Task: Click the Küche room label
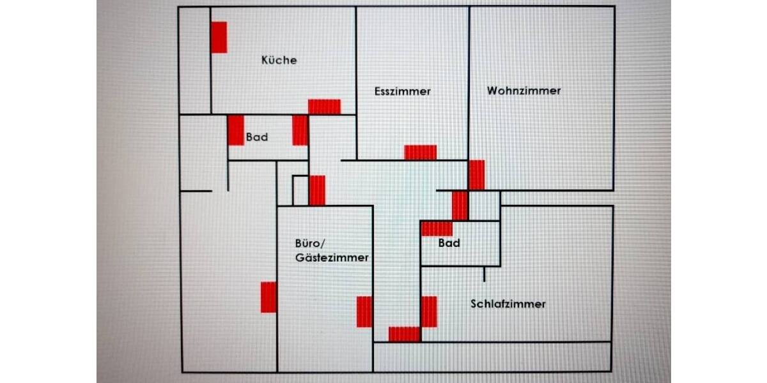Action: [279, 60]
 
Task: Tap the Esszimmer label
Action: [402, 91]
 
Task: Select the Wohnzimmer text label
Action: [523, 91]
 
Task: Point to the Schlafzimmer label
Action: [508, 304]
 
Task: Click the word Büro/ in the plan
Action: [311, 243]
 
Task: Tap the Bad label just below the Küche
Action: [257, 137]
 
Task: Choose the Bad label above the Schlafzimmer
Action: [449, 243]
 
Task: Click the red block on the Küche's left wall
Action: [219, 37]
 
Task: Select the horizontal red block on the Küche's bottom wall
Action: [324, 107]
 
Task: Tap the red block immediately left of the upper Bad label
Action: [236, 130]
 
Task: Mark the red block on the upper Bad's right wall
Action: [300, 130]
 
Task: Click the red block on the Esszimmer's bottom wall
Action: [420, 152]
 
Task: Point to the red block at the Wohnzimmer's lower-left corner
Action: [476, 175]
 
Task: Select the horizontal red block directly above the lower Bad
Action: [437, 229]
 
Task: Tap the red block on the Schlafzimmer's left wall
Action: [429, 312]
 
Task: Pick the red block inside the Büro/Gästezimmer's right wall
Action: [364, 312]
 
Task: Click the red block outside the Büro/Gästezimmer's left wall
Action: [268, 297]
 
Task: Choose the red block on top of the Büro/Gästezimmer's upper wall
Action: [317, 190]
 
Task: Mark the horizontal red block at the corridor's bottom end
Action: [404, 334]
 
